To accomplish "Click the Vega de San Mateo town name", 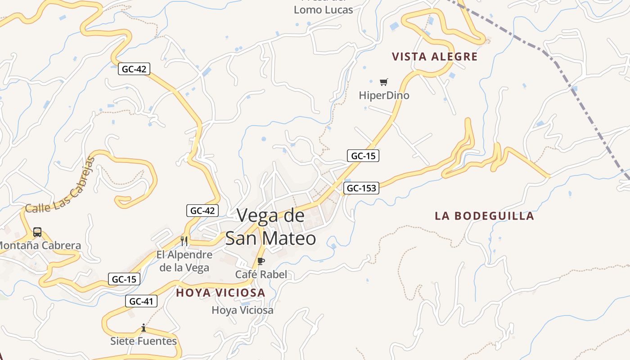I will [270, 227].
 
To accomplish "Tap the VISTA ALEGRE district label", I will [434, 57].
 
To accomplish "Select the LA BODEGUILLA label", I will [484, 216].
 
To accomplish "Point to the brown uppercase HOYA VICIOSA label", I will [220, 293].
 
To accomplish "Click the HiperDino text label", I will [384, 95].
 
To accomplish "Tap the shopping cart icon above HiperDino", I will [383, 82].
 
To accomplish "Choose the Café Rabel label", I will [261, 274].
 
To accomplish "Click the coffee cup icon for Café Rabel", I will [261, 261].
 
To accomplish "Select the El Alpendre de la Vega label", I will [184, 261].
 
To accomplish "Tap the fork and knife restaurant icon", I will [184, 241].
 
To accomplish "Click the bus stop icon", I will [37, 232].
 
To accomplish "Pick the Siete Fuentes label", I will [144, 341].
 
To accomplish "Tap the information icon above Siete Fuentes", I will [144, 328].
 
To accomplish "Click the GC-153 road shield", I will [361, 188].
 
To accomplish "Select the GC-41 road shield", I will [141, 301].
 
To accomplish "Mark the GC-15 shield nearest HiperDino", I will [363, 156].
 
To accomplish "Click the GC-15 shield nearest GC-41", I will [124, 279].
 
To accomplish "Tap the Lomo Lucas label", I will [323, 9].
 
